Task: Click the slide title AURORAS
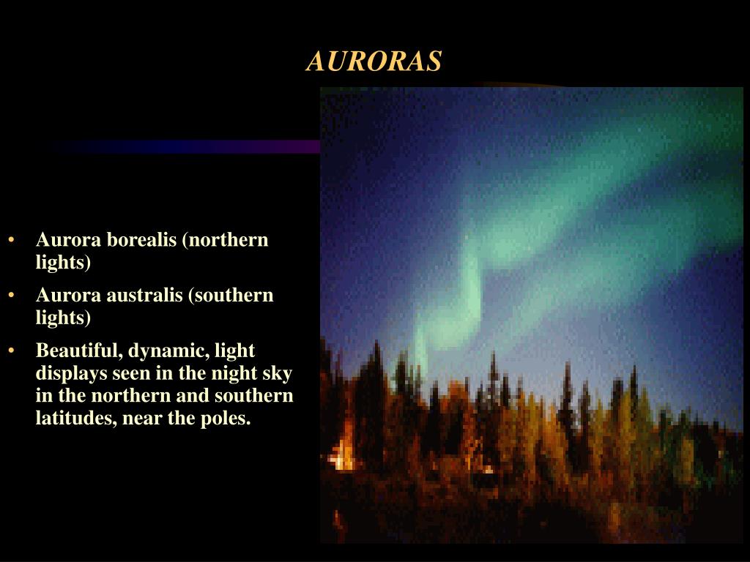(x=374, y=61)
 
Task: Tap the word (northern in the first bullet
(x=226, y=240)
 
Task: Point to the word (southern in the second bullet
(x=231, y=296)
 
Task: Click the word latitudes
(x=76, y=418)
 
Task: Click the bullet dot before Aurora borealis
(x=12, y=240)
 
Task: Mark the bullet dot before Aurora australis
(x=12, y=296)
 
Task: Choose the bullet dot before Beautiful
(x=12, y=351)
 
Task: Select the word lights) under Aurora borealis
(x=63, y=263)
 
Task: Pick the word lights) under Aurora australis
(x=63, y=318)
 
